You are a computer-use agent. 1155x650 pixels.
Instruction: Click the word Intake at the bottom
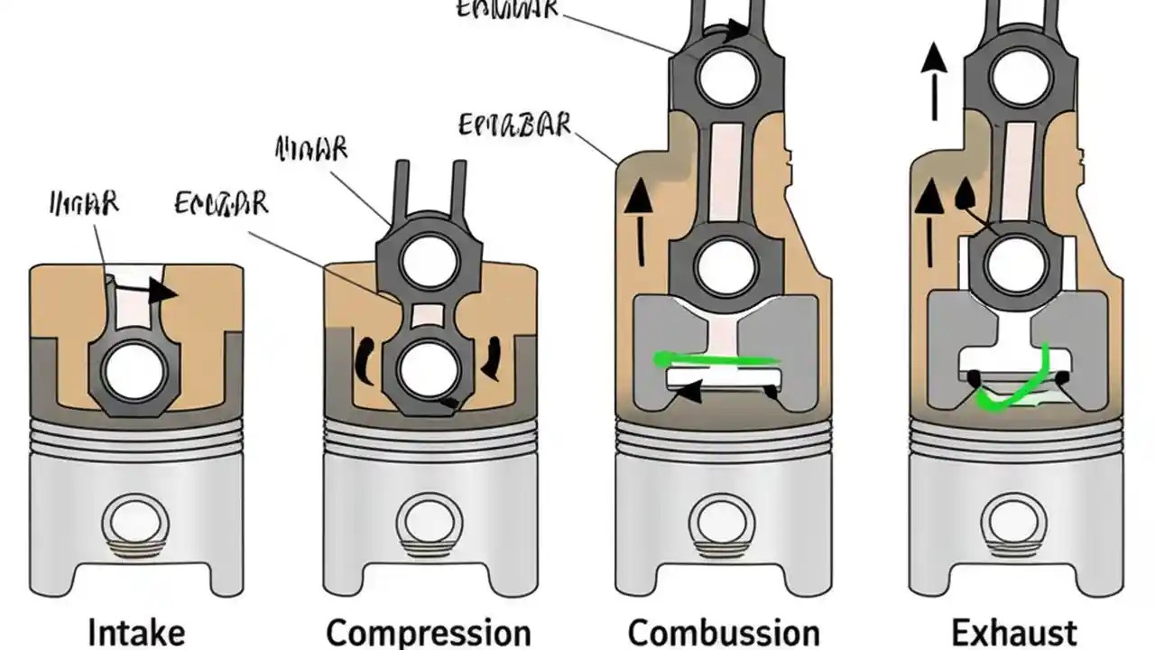(138, 632)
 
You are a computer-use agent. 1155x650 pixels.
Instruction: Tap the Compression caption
(429, 633)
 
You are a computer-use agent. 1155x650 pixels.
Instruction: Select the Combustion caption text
(724, 633)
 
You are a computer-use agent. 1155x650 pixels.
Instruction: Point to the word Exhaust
(1016, 632)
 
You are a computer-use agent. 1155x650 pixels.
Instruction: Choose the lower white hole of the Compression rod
(424, 367)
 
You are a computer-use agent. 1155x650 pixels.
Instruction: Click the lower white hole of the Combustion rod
(722, 265)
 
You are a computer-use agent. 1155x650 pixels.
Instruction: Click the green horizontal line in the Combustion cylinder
(717, 360)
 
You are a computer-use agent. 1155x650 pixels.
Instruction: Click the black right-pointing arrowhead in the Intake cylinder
(162, 291)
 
